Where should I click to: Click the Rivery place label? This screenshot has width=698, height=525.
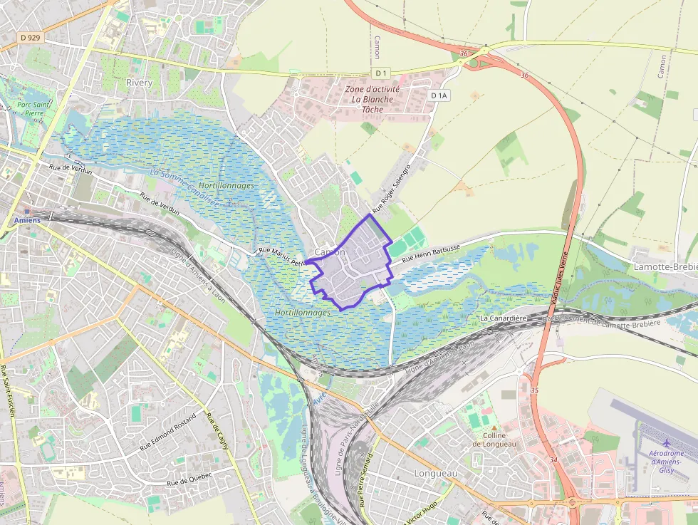(x=139, y=83)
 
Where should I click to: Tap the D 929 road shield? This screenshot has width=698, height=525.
(x=30, y=38)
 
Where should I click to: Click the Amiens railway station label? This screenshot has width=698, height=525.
(x=27, y=220)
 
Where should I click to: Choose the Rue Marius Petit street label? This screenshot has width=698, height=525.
(x=283, y=256)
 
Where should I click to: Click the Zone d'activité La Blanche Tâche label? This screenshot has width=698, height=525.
(x=372, y=99)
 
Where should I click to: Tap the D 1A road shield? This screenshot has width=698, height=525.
(x=439, y=95)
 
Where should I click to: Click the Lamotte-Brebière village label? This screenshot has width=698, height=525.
(x=665, y=266)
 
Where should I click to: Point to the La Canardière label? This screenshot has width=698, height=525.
(x=504, y=318)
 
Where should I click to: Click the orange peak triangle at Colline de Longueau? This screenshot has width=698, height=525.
(x=494, y=427)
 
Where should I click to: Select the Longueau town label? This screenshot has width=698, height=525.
(x=435, y=473)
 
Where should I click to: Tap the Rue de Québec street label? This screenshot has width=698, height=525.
(x=189, y=477)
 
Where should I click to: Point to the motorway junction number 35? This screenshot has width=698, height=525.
(x=535, y=392)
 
